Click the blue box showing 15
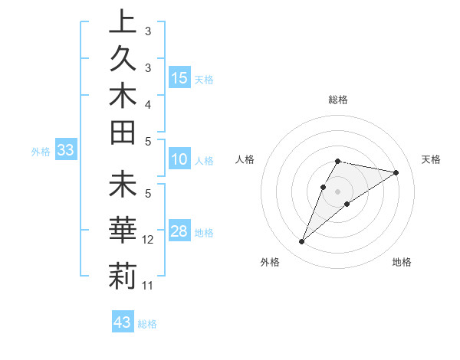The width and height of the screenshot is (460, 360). coord(179,78)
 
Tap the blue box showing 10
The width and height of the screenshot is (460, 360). coord(179,160)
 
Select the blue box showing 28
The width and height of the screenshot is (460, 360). coord(179,232)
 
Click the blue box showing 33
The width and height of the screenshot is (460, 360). coord(66,151)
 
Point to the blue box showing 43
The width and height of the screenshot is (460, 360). coord(123,322)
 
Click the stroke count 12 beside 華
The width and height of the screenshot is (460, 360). coord(149,240)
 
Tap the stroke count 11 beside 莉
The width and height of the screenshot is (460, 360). coord(148,286)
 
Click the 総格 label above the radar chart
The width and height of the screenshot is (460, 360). coord(338,100)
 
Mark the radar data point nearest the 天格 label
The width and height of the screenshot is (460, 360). coord(396,172)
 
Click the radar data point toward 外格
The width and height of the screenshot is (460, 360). coord(302,242)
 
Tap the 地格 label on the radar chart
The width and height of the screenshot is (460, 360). coord(402,262)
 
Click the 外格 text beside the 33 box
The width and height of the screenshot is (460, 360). coord(41,152)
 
